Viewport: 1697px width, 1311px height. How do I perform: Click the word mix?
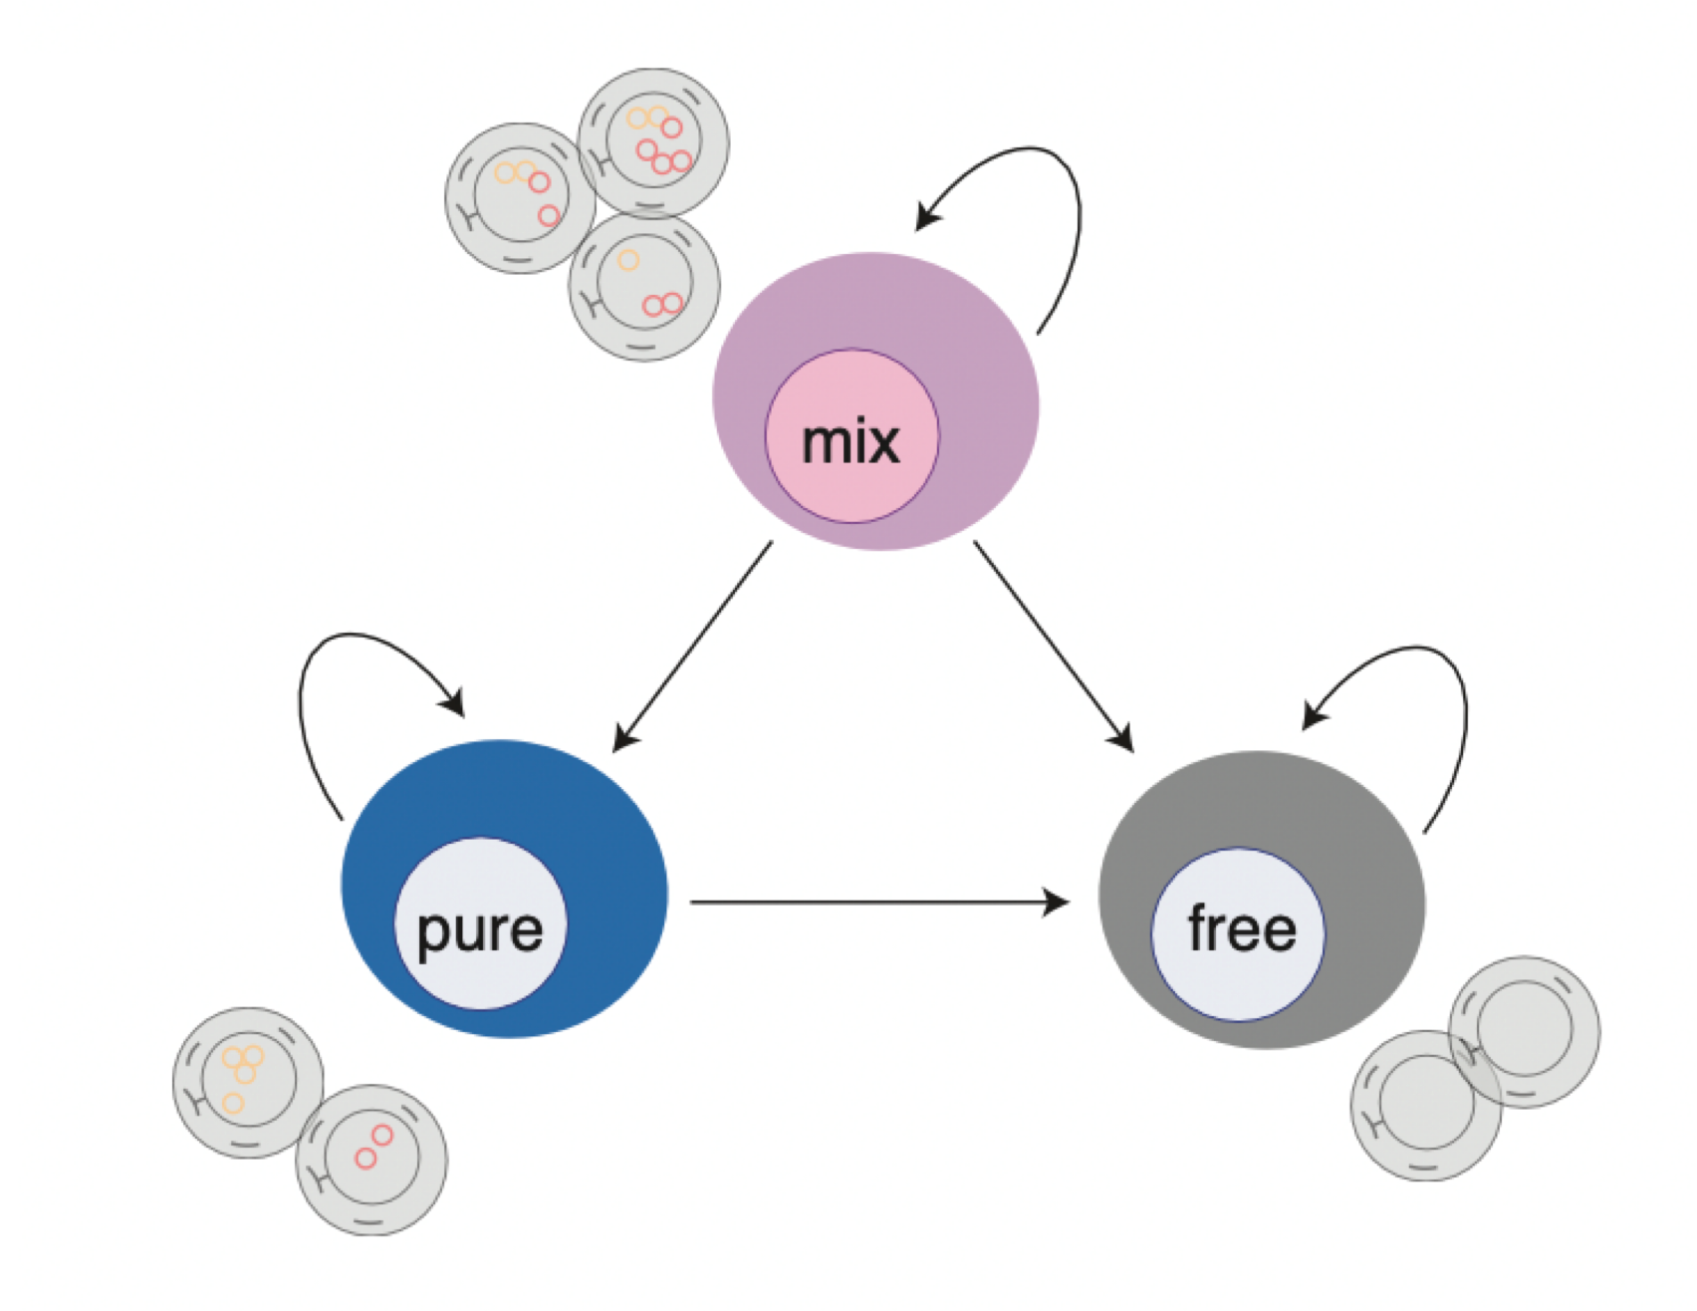[x=850, y=441]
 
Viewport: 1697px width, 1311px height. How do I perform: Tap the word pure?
[x=480, y=930]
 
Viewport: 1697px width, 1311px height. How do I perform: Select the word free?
[x=1242, y=929]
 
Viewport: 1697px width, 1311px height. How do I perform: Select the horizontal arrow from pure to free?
[x=876, y=903]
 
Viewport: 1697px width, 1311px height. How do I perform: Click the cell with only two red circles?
[x=371, y=1160]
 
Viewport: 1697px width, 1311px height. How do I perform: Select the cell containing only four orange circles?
[x=248, y=1082]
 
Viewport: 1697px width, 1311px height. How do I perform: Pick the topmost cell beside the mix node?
[x=653, y=142]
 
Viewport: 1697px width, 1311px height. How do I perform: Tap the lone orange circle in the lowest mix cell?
[x=627, y=261]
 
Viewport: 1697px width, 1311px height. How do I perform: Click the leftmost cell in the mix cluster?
[x=520, y=197]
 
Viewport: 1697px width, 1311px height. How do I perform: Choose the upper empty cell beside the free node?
[x=1525, y=1031]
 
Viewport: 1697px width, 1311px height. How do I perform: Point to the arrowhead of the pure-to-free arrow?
[x=1058, y=903]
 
